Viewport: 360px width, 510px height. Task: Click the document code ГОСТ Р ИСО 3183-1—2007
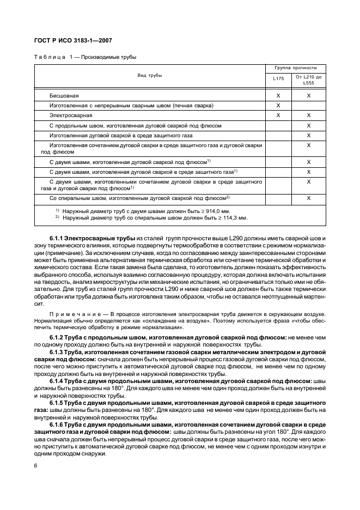click(x=73, y=40)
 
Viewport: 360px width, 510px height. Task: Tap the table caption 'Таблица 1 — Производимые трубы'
click(x=86, y=57)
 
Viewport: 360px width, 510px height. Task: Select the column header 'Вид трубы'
click(x=149, y=76)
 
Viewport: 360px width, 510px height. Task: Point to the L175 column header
click(x=278, y=79)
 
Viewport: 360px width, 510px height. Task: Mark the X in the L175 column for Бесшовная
click(x=278, y=95)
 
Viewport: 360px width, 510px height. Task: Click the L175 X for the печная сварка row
click(x=278, y=105)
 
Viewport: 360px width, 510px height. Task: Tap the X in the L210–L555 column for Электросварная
click(x=309, y=116)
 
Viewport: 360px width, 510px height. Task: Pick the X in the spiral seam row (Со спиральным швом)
click(x=309, y=198)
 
